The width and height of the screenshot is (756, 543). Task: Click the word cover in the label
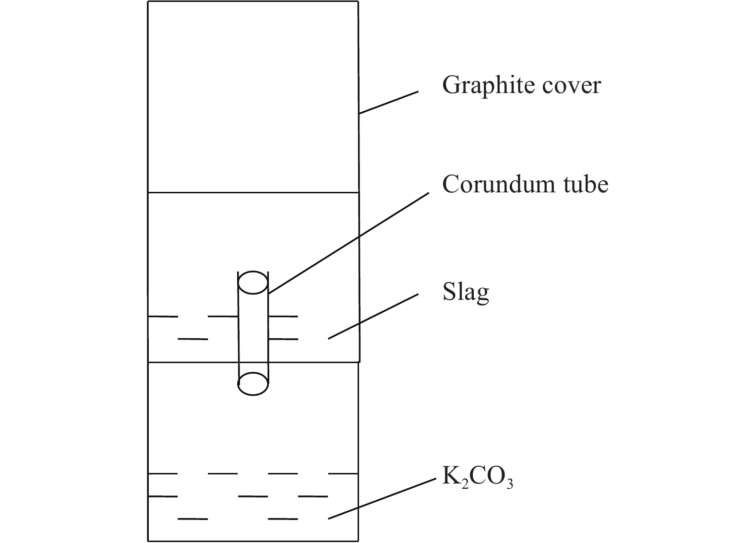tap(572, 86)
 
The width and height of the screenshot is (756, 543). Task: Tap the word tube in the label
tap(586, 185)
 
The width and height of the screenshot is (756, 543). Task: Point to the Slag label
tap(466, 292)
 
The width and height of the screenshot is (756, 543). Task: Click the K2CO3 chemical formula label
tap(478, 477)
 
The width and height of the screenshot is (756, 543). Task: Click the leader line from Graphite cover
tap(389, 102)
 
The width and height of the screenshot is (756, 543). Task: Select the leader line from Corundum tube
tap(348, 243)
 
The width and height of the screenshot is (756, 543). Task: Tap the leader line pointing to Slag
tap(373, 317)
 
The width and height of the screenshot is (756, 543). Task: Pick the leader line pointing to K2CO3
tap(382, 498)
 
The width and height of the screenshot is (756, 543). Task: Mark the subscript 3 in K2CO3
tap(510, 484)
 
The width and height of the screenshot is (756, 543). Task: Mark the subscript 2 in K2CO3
tap(465, 484)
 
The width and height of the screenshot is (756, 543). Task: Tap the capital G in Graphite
tap(452, 84)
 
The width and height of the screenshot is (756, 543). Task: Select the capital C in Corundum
tap(452, 184)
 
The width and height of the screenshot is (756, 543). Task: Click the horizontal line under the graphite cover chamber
tap(253, 192)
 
